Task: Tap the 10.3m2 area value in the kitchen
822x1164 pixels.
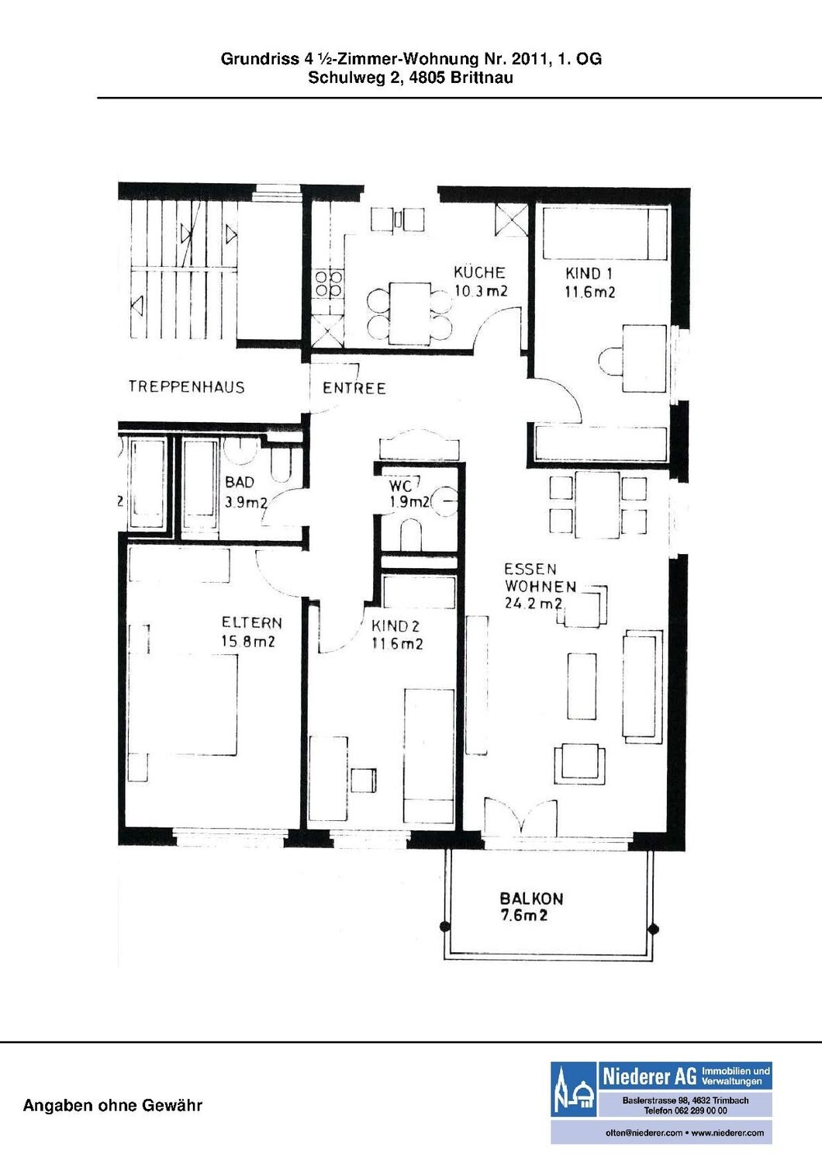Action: point(481,290)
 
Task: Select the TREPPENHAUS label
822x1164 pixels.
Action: point(186,386)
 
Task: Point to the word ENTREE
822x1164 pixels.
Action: point(354,388)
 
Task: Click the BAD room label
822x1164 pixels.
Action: point(240,482)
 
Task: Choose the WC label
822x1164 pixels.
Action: point(400,486)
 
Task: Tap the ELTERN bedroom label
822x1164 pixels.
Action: point(252,622)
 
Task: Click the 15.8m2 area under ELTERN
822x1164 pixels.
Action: point(247,641)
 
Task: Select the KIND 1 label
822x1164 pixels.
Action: point(589,273)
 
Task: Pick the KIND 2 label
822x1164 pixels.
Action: point(395,626)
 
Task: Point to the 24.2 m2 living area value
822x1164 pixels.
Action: point(534,604)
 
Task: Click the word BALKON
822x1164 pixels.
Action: point(531,899)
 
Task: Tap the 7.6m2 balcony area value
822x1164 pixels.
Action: point(523,915)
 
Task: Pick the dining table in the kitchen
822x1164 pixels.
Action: point(410,314)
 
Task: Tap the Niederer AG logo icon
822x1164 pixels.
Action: point(573,1089)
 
